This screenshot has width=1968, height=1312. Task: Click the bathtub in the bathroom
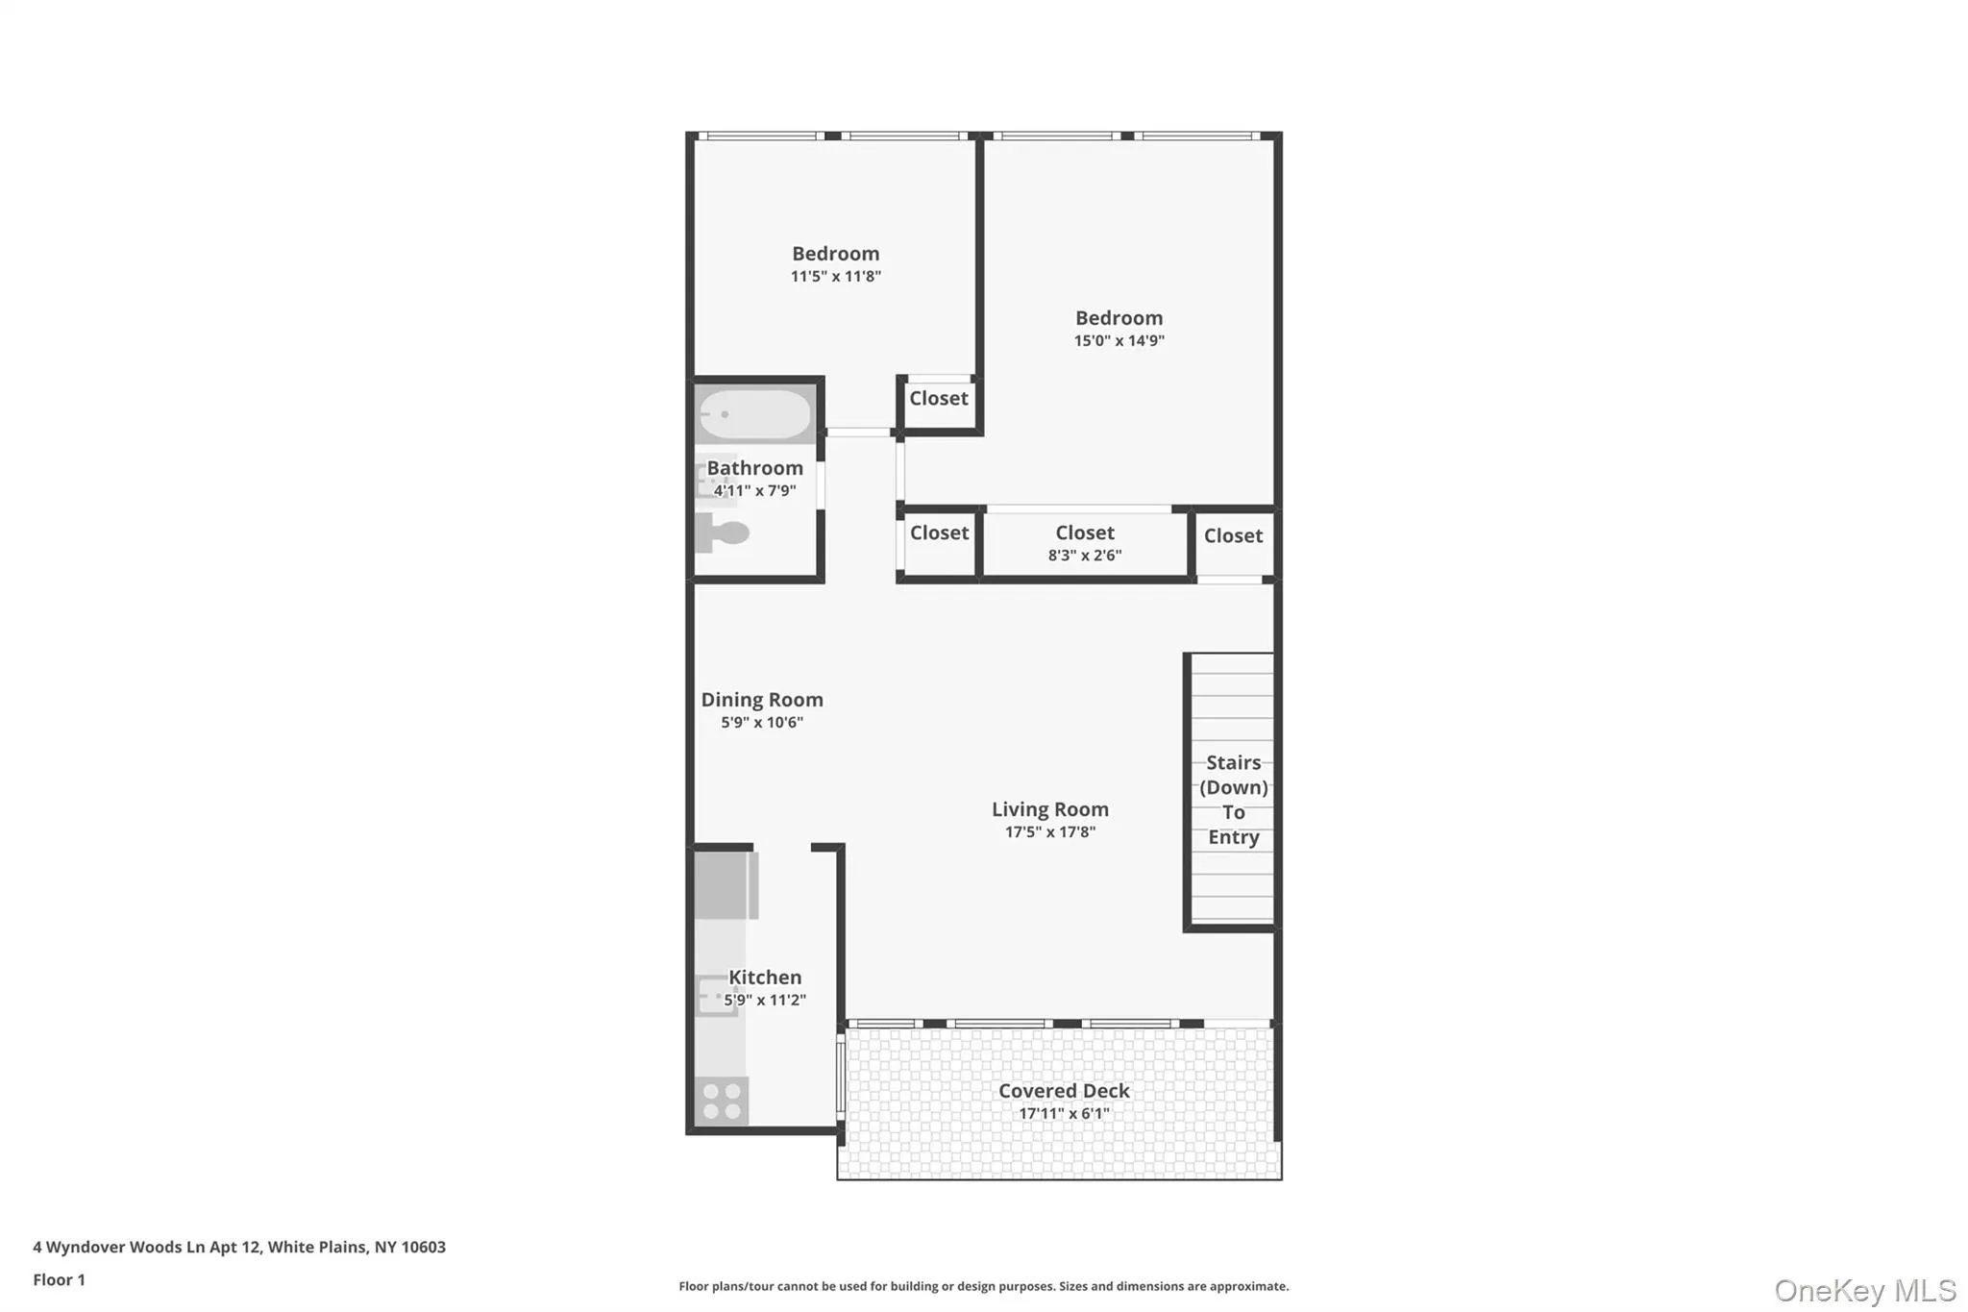pyautogui.click(x=755, y=414)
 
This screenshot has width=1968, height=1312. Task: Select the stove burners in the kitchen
pyautogui.click(x=722, y=1102)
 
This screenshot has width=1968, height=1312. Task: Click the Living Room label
pyautogui.click(x=1049, y=809)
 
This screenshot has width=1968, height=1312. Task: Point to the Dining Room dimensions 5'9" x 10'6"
pyautogui.click(x=762, y=723)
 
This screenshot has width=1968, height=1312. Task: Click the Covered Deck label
pyautogui.click(x=1064, y=1091)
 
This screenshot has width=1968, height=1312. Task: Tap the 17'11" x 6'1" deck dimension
pyautogui.click(x=1064, y=1114)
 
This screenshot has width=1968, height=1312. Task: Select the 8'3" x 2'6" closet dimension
pyautogui.click(x=1084, y=556)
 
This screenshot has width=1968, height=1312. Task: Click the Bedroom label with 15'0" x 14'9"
pyautogui.click(x=1119, y=318)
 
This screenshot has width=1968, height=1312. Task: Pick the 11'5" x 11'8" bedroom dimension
pyautogui.click(x=835, y=277)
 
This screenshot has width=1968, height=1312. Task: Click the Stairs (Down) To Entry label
pyautogui.click(x=1233, y=800)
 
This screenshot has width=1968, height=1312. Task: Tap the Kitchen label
pyautogui.click(x=765, y=978)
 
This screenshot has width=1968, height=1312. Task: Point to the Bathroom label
pyautogui.click(x=755, y=468)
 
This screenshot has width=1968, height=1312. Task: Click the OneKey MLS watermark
pyautogui.click(x=1864, y=1290)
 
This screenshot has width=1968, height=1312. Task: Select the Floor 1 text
pyautogui.click(x=60, y=1280)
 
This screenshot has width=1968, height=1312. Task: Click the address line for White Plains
pyautogui.click(x=239, y=1248)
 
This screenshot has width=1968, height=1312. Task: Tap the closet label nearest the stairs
pyautogui.click(x=1233, y=536)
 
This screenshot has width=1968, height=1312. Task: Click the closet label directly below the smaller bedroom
pyautogui.click(x=939, y=399)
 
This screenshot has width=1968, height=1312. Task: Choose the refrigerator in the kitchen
pyautogui.click(x=726, y=884)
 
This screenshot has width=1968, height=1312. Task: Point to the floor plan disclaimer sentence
pyautogui.click(x=983, y=1286)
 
